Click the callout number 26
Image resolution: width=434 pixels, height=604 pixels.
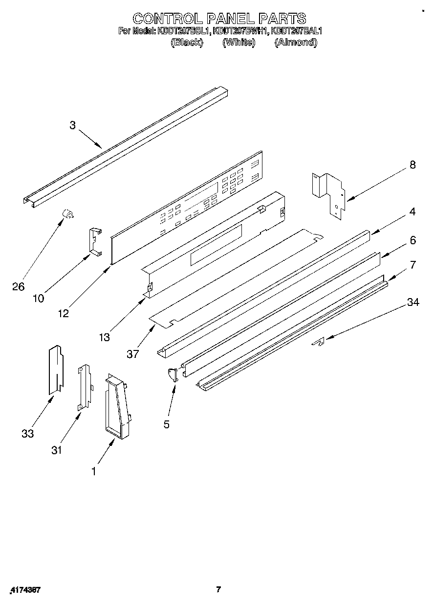coord(18,287)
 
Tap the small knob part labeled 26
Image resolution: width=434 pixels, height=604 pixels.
coord(67,213)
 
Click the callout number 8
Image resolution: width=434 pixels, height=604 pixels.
coord(412,165)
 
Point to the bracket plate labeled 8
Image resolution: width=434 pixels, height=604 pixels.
coord(329,193)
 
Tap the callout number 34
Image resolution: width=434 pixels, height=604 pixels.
coord(413,303)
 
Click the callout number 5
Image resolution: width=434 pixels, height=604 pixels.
coord(167,424)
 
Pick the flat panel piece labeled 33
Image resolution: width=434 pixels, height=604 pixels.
coord(56,370)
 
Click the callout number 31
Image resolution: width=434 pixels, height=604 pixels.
coord(57,450)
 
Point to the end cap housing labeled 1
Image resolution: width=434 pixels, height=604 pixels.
coord(117,404)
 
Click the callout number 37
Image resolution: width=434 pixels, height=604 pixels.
coord(133,354)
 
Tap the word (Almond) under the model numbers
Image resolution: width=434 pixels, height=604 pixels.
coord(296,42)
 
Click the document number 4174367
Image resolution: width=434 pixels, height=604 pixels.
coord(24,590)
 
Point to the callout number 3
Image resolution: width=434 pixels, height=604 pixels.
coord(72,125)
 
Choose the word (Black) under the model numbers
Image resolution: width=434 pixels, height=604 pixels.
coord(186,42)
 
